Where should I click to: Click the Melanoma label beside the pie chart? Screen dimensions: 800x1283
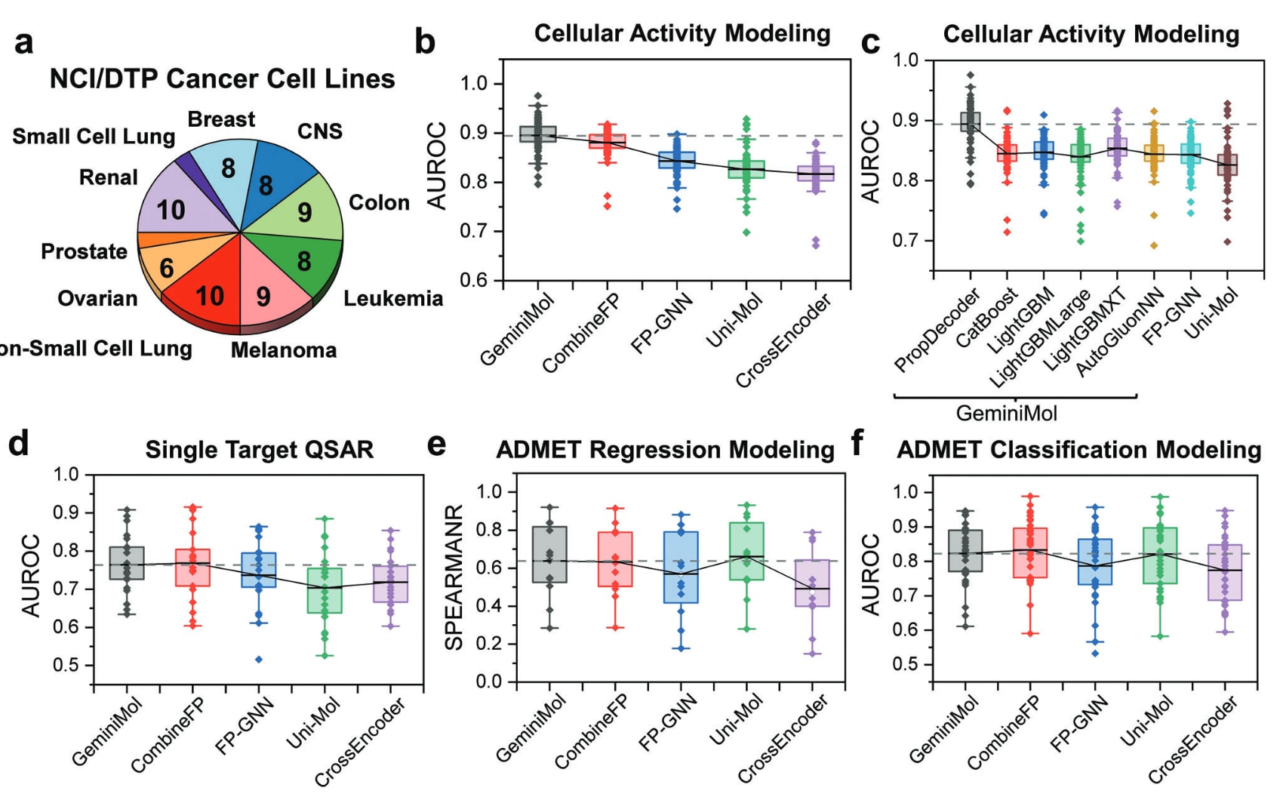[284, 350]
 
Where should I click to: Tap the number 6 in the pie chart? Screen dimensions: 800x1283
[167, 267]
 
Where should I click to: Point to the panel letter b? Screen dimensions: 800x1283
[425, 42]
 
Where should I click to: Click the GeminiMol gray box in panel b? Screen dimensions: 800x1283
[538, 134]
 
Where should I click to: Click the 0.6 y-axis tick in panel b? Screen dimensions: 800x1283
[475, 281]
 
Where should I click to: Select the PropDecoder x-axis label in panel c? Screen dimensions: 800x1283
[937, 331]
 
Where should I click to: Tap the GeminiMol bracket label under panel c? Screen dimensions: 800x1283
[1007, 414]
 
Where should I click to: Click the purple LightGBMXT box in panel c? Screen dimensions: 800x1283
[1117, 146]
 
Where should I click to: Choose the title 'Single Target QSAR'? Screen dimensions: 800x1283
[259, 450]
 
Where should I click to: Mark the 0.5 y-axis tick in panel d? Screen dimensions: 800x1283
[66, 665]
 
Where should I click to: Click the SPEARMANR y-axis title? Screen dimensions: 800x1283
[454, 578]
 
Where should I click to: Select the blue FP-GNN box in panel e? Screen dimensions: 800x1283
[681, 568]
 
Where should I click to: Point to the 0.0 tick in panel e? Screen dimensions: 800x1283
[490, 682]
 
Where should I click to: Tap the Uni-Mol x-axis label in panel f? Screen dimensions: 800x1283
[1146, 722]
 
